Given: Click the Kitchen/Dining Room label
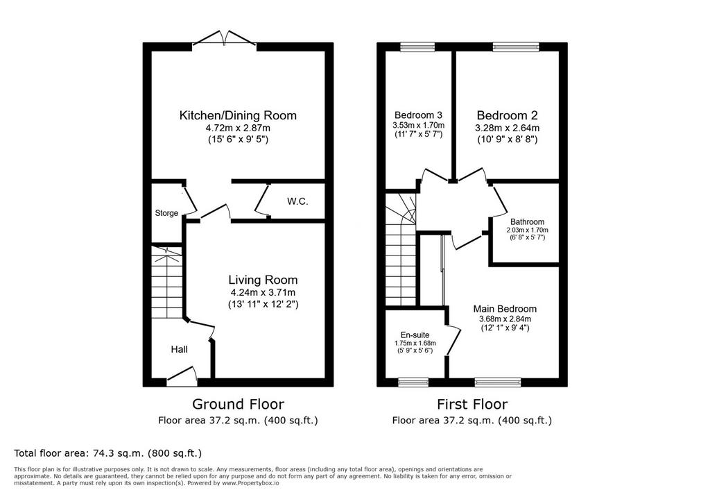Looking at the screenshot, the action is [239, 115].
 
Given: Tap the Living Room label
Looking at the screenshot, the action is [263, 280].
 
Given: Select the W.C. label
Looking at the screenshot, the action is [297, 201].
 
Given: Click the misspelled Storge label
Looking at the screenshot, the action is [166, 213].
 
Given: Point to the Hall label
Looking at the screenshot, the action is [180, 349].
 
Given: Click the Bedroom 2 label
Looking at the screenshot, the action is [507, 115].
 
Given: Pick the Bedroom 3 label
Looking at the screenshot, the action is [418, 115].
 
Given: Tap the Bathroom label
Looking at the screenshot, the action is [527, 221].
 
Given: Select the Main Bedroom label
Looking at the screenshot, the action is [505, 309].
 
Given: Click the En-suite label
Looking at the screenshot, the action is [415, 335].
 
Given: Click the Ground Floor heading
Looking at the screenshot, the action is [239, 403].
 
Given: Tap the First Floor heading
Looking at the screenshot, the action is [472, 403].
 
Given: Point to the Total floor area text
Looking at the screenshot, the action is [107, 453].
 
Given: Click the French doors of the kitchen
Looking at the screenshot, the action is [224, 39].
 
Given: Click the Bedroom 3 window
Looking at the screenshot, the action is [417, 46].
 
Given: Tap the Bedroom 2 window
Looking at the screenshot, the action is [516, 46].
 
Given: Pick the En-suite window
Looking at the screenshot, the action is [413, 382].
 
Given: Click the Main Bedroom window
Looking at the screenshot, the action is [498, 382].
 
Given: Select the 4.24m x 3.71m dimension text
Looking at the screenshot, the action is [263, 292].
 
